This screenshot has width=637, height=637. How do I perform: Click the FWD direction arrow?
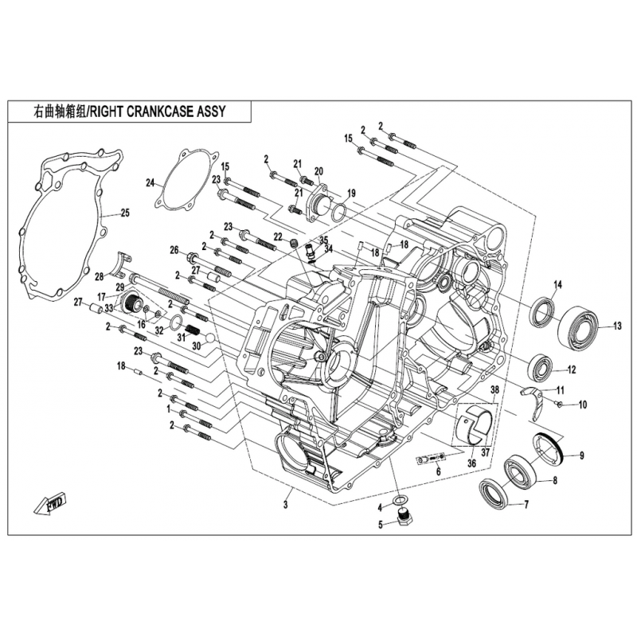[50, 504]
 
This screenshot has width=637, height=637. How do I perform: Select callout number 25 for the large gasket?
[125, 212]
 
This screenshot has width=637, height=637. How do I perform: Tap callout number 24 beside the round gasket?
[150, 183]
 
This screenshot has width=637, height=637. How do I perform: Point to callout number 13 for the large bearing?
[617, 326]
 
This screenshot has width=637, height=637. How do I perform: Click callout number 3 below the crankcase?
[286, 505]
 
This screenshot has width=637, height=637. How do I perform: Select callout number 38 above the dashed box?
[494, 390]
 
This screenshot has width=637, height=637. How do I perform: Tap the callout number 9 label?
[582, 455]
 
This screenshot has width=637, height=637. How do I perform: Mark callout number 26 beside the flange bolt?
[174, 250]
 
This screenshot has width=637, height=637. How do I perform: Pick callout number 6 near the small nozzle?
[439, 472]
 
